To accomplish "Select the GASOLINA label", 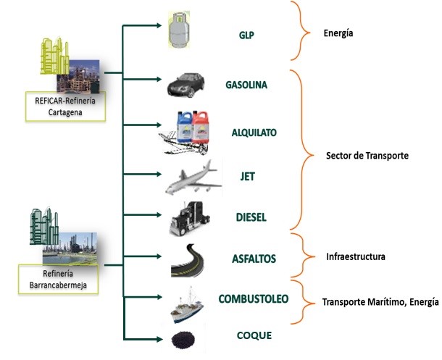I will (246, 85).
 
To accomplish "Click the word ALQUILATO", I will (254, 133).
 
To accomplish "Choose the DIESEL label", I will (251, 217).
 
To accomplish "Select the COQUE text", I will (254, 335).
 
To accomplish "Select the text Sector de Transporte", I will (367, 156).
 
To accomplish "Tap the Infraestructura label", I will (355, 256).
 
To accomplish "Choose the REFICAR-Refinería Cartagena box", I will (64, 106).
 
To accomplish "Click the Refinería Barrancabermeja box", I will (57, 278).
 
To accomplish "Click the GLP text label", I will (247, 35).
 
